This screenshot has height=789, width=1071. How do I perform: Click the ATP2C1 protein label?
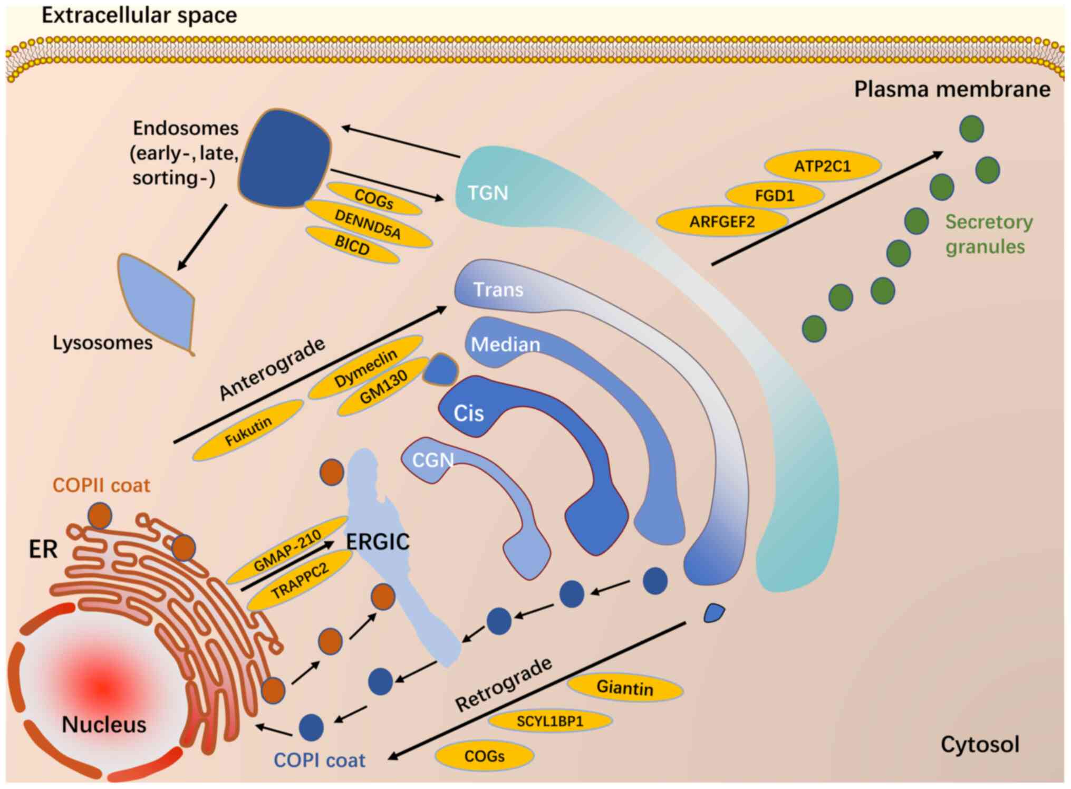(822, 167)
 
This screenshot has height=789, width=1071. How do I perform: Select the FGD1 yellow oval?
(774, 196)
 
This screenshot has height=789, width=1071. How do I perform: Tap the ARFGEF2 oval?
(722, 222)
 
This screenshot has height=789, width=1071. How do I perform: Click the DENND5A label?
(368, 224)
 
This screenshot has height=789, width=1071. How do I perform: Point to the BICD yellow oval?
(352, 245)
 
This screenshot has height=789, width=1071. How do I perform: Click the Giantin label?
(624, 688)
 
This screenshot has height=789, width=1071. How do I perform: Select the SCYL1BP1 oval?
(550, 721)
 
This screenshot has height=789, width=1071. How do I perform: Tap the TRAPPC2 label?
(300, 581)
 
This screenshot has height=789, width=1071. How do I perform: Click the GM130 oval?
(383, 387)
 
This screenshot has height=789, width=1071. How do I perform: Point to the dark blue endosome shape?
(285, 158)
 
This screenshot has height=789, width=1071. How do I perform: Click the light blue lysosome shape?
(158, 301)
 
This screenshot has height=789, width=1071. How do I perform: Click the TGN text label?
(488, 193)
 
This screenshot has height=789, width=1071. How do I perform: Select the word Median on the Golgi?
(505, 344)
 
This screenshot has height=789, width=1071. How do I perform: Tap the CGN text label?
(432, 460)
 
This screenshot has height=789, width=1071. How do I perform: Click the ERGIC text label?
(378, 542)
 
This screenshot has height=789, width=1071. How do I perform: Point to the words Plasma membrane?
(952, 89)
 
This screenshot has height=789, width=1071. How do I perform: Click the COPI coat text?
(320, 760)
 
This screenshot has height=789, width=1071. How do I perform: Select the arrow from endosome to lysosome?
(202, 237)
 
